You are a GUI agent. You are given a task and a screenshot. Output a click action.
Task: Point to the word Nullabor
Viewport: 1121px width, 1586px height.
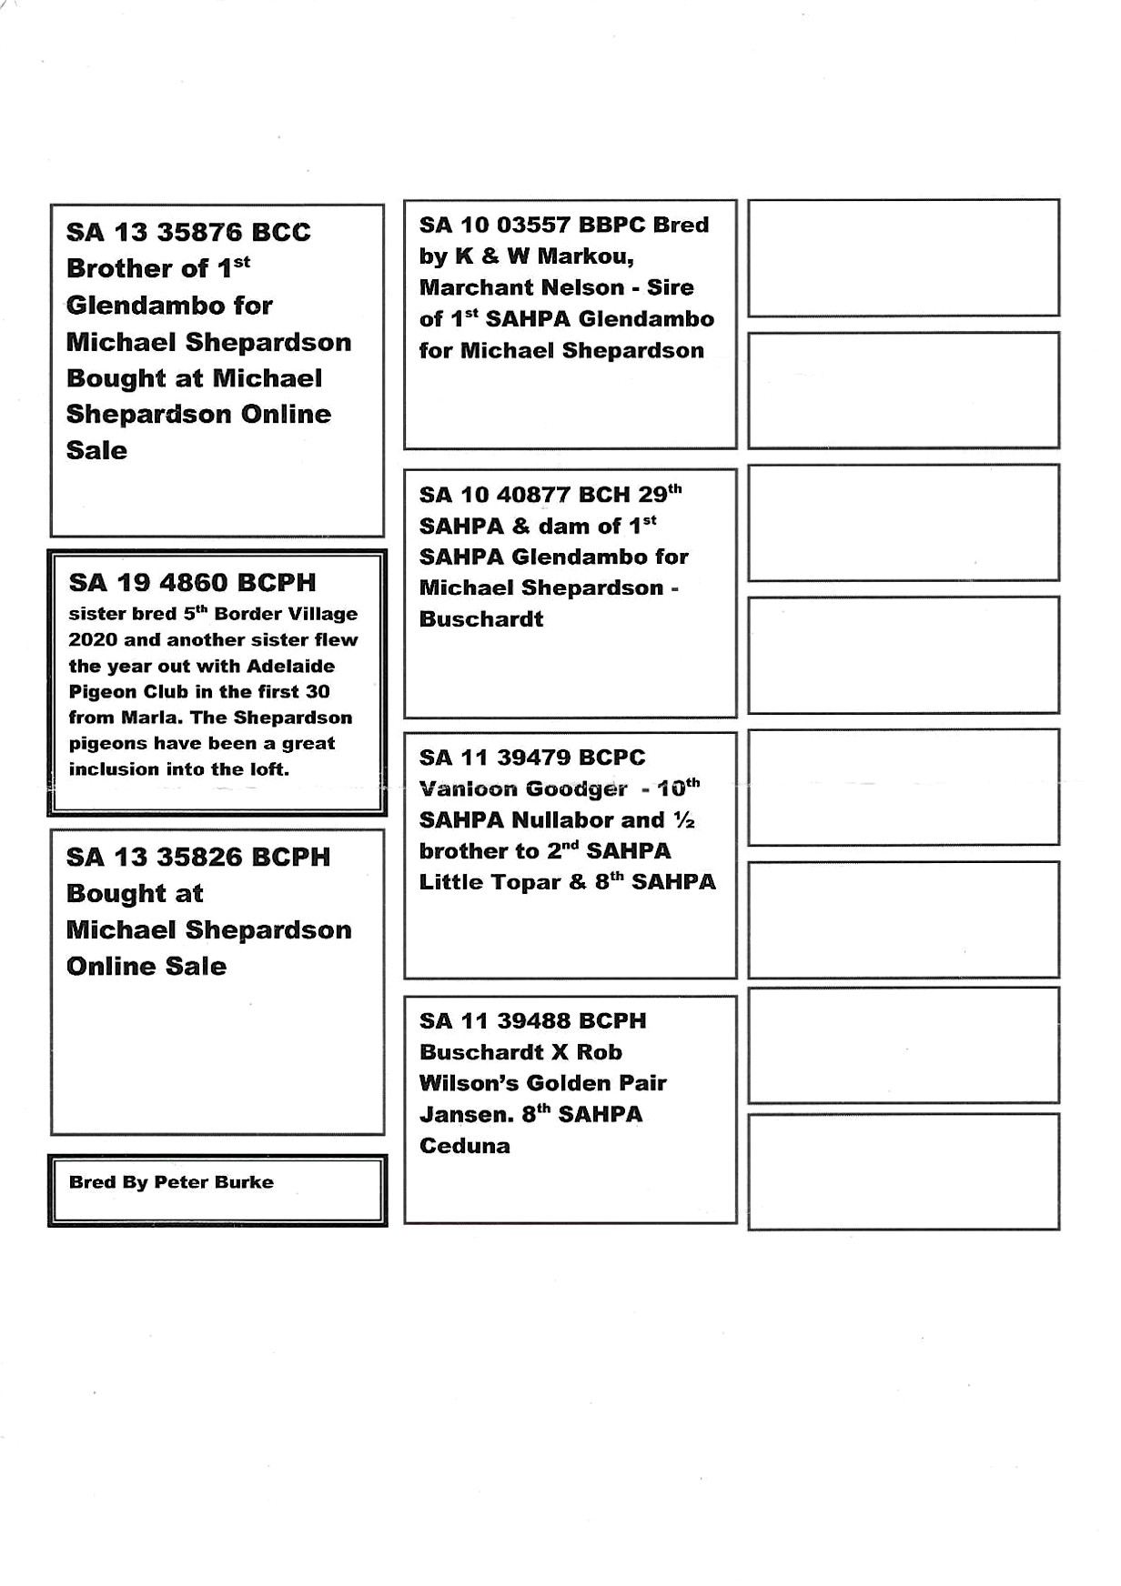(x=563, y=820)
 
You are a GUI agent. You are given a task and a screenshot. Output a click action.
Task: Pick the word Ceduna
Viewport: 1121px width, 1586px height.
(x=465, y=1146)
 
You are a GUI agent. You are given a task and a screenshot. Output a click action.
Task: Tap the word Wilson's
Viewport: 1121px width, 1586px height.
(x=469, y=1084)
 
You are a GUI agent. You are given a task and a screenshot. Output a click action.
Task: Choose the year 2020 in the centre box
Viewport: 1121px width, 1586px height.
(x=93, y=640)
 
